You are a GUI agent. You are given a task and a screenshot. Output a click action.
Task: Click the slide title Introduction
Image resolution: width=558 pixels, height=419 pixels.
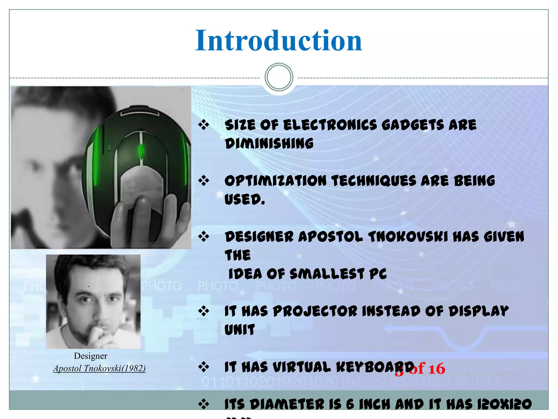(278, 41)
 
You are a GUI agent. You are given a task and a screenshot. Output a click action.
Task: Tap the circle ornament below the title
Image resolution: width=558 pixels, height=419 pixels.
(279, 77)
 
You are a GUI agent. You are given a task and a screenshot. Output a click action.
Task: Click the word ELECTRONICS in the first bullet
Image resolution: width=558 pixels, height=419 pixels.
(330, 125)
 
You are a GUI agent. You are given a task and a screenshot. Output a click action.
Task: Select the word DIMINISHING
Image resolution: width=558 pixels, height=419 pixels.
(269, 144)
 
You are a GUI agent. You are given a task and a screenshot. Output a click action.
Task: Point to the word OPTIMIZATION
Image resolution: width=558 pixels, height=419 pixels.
(275, 181)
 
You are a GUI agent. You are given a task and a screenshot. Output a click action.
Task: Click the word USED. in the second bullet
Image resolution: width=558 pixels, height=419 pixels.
(244, 199)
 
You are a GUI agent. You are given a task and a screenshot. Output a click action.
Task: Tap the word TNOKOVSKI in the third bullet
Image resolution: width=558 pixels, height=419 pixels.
(408, 237)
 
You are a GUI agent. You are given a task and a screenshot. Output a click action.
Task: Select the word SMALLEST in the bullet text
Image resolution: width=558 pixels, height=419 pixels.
(327, 274)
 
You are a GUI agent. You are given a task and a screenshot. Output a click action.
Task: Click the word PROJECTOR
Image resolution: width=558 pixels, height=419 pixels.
(315, 311)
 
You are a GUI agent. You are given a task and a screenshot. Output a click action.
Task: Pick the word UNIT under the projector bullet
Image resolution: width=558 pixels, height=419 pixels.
(239, 330)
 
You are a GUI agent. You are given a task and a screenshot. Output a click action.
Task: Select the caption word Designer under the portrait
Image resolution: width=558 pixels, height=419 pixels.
(90, 356)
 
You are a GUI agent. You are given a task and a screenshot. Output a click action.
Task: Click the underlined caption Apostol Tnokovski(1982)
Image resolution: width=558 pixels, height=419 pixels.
(99, 369)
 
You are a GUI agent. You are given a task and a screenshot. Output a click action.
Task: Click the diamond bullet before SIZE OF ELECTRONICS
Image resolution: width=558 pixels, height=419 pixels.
(204, 125)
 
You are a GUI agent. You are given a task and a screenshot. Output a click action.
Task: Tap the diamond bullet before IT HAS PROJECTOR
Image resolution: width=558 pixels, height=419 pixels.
(204, 311)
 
